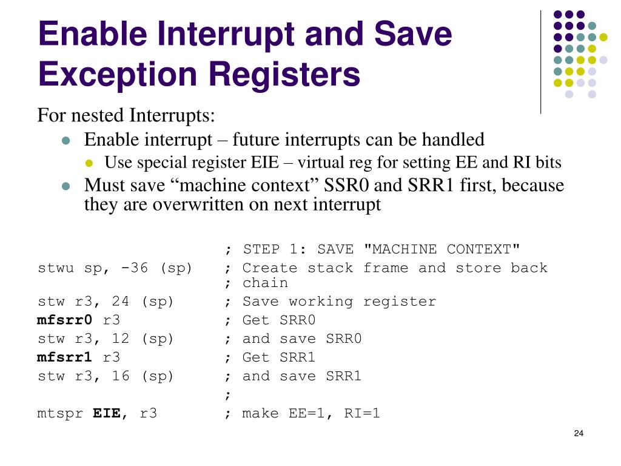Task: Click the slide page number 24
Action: pos(578,433)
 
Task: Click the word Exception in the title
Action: pos(119,75)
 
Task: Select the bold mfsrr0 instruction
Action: pos(65,320)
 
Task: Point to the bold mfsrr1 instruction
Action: pos(65,357)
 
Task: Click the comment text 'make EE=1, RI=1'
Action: pos(311,414)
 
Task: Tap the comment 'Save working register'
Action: pos(339,302)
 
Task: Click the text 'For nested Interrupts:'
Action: pos(127,115)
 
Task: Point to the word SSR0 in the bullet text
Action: pos(346,185)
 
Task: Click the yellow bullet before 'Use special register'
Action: pos(90,163)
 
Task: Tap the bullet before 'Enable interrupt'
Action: pos(67,141)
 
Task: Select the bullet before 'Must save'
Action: pos(67,186)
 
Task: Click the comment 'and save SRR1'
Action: pos(302,376)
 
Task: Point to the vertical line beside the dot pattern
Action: pos(540,61)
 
